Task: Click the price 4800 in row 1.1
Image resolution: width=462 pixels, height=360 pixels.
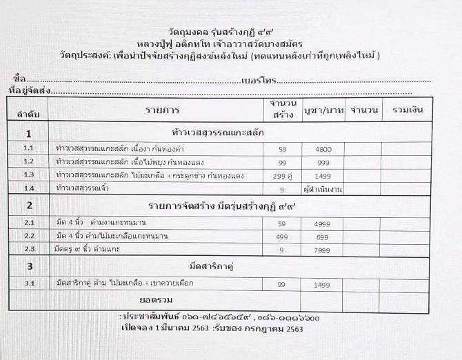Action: tap(324, 149)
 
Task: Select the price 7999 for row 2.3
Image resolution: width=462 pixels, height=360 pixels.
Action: tap(323, 249)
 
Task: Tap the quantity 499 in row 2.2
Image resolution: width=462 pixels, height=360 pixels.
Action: tap(281, 236)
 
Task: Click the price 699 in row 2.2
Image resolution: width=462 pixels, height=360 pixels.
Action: tap(323, 236)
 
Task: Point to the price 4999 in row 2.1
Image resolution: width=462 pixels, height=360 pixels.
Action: tap(323, 223)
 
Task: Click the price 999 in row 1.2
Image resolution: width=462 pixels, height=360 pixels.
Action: tap(323, 162)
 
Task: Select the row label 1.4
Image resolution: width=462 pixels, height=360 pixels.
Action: tap(28, 188)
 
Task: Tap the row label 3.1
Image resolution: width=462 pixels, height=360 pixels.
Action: tap(28, 283)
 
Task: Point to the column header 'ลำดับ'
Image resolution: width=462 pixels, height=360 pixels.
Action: tap(28, 112)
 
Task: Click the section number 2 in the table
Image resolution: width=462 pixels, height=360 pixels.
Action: tap(28, 206)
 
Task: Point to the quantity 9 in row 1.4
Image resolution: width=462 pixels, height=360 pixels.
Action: tap(281, 188)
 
